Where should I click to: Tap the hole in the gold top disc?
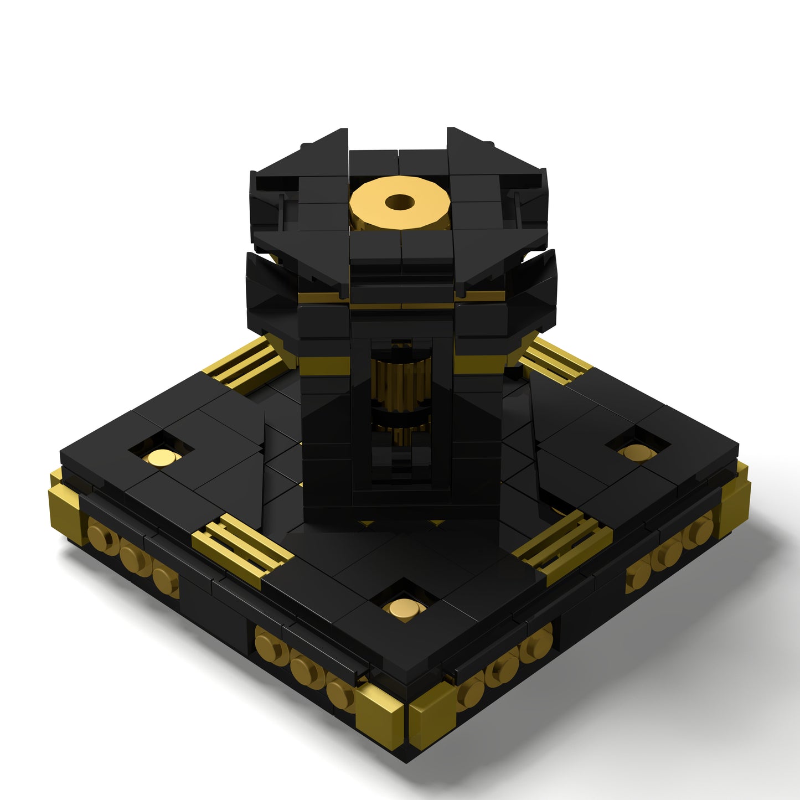(400, 202)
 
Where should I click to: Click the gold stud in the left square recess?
(161, 457)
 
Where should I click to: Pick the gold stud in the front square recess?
(405, 608)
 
